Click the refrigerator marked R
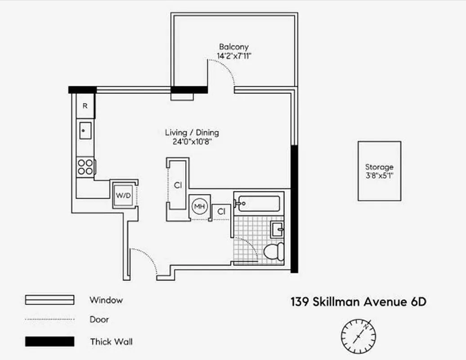click(x=85, y=106)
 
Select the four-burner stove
click(x=85, y=166)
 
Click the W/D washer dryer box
click(x=123, y=195)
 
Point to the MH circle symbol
click(x=199, y=207)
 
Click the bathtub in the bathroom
click(x=259, y=203)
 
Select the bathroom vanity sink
click(x=277, y=230)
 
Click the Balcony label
click(x=233, y=47)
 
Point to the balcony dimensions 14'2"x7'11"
click(x=233, y=57)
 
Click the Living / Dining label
click(x=192, y=133)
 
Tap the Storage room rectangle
click(x=379, y=171)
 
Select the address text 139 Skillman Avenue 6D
click(x=358, y=301)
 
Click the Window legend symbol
click(x=49, y=300)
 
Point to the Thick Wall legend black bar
click(x=49, y=342)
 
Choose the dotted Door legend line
click(x=49, y=319)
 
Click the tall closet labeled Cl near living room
click(x=178, y=184)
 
